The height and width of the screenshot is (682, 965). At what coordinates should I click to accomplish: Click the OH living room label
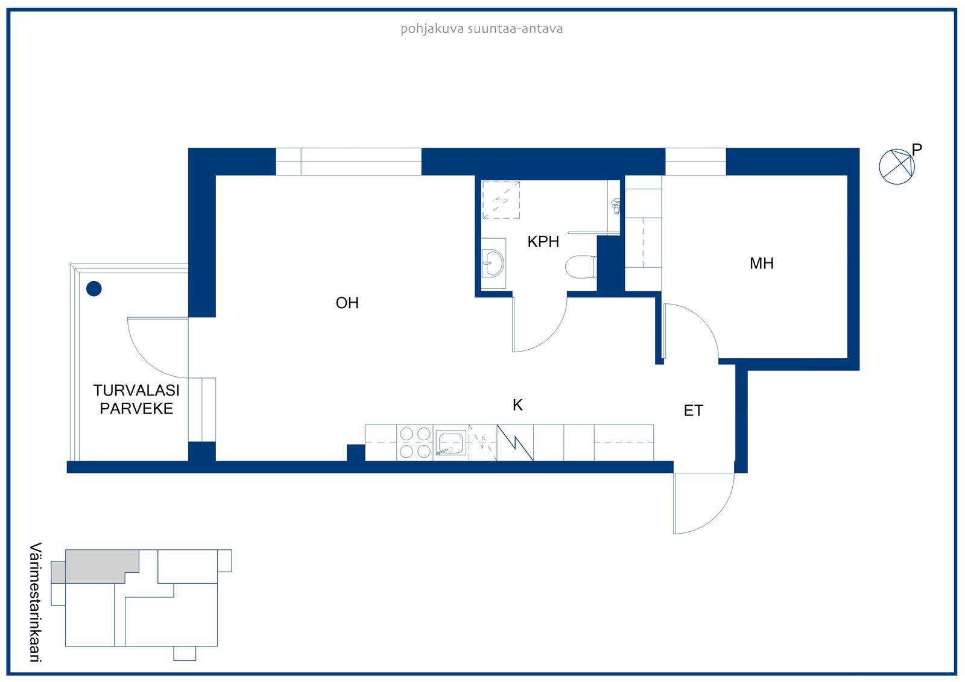tap(347, 303)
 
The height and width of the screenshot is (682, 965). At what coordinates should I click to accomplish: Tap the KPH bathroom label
tap(543, 242)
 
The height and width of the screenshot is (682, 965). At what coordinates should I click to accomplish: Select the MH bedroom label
tap(762, 264)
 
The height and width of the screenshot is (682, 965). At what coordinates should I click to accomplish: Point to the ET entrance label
tap(694, 411)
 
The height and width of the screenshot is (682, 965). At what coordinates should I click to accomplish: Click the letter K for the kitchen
tap(517, 405)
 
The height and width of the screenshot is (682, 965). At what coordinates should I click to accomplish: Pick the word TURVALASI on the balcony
tap(136, 390)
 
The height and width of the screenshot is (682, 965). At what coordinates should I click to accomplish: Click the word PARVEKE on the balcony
tap(136, 408)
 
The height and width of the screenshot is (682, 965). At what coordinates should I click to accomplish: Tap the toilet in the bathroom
tap(580, 267)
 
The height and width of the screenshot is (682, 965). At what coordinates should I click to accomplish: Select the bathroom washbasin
tap(492, 264)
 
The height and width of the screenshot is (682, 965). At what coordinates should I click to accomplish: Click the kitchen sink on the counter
tap(450, 443)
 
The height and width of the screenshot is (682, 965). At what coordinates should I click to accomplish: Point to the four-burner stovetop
tap(415, 443)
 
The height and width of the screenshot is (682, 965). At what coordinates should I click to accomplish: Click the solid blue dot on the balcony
tap(94, 289)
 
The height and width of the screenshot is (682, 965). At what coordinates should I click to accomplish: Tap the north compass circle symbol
tap(896, 166)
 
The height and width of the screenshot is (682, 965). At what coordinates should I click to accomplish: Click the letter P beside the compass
tap(917, 150)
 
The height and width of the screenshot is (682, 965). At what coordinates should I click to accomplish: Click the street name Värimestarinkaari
tap(36, 602)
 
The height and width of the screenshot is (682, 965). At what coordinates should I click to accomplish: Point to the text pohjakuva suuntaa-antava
tap(482, 30)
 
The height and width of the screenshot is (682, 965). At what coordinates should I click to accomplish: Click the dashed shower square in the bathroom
tap(501, 200)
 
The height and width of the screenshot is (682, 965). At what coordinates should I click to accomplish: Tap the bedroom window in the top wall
tap(695, 162)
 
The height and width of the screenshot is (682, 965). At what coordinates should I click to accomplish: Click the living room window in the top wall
tap(348, 162)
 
